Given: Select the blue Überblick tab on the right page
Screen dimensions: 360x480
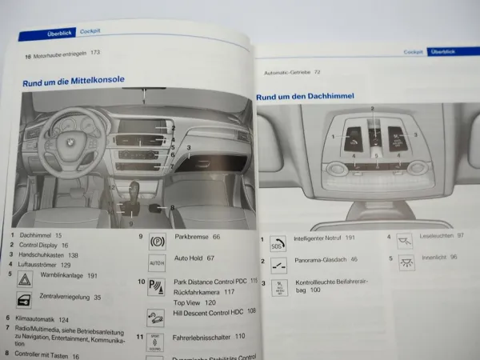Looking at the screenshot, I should [x=443, y=51].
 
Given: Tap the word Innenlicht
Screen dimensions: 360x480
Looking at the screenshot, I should [x=426, y=258].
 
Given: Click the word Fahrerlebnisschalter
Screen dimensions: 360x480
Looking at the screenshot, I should [x=196, y=336].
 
